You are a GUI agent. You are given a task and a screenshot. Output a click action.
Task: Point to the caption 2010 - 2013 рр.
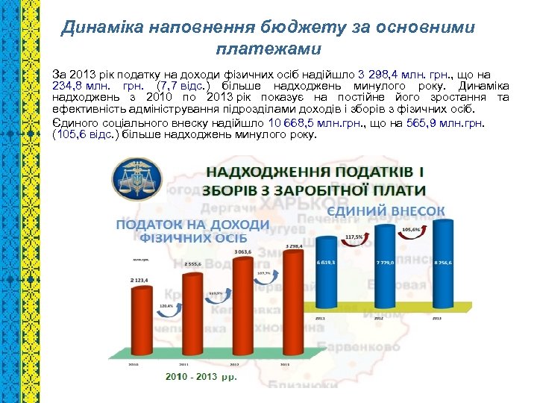(x=201, y=376)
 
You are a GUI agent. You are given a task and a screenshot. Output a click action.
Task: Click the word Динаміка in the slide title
(x=95, y=28)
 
